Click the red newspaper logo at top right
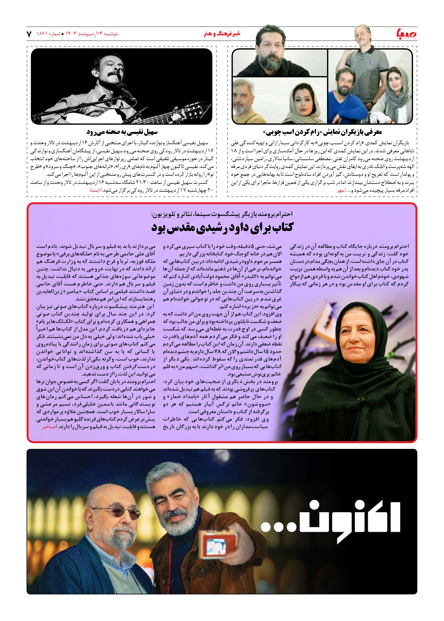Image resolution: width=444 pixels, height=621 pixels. (406, 34)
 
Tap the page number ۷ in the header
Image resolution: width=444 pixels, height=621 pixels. (29, 34)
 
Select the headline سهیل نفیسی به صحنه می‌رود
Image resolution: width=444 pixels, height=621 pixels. (122, 132)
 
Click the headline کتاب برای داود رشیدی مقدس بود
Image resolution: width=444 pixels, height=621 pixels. (222, 227)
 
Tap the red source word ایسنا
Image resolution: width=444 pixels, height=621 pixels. (95, 190)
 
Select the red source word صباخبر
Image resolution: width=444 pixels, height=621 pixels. (49, 427)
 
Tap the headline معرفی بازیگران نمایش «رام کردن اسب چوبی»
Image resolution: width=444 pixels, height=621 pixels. (322, 132)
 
